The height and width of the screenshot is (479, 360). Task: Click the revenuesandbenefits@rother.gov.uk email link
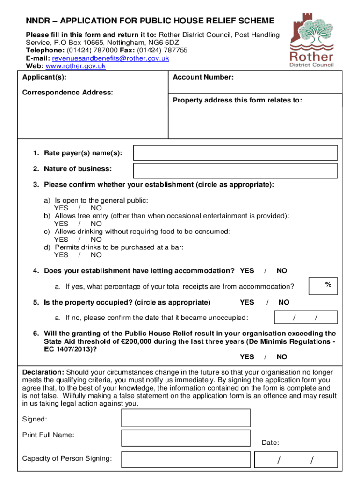click(x=110, y=58)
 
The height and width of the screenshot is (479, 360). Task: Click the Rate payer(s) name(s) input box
click(x=235, y=153)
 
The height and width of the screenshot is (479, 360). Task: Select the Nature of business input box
click(x=235, y=171)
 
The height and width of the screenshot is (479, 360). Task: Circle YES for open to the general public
click(x=61, y=208)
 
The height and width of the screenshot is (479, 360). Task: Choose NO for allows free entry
click(x=96, y=224)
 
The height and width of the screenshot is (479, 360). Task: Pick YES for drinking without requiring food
click(x=61, y=239)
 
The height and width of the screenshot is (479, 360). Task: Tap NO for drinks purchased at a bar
click(x=96, y=255)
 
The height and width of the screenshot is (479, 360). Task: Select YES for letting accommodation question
click(x=247, y=271)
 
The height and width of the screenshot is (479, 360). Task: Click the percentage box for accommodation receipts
click(x=323, y=286)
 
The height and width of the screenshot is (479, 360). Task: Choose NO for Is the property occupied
click(x=284, y=302)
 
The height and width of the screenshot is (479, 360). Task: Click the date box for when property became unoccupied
click(x=305, y=318)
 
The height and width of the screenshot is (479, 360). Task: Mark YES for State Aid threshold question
click(x=247, y=357)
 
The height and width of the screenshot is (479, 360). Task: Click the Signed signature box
click(x=186, y=418)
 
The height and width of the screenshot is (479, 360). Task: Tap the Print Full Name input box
click(x=186, y=438)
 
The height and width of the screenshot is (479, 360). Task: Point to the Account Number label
click(x=203, y=77)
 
